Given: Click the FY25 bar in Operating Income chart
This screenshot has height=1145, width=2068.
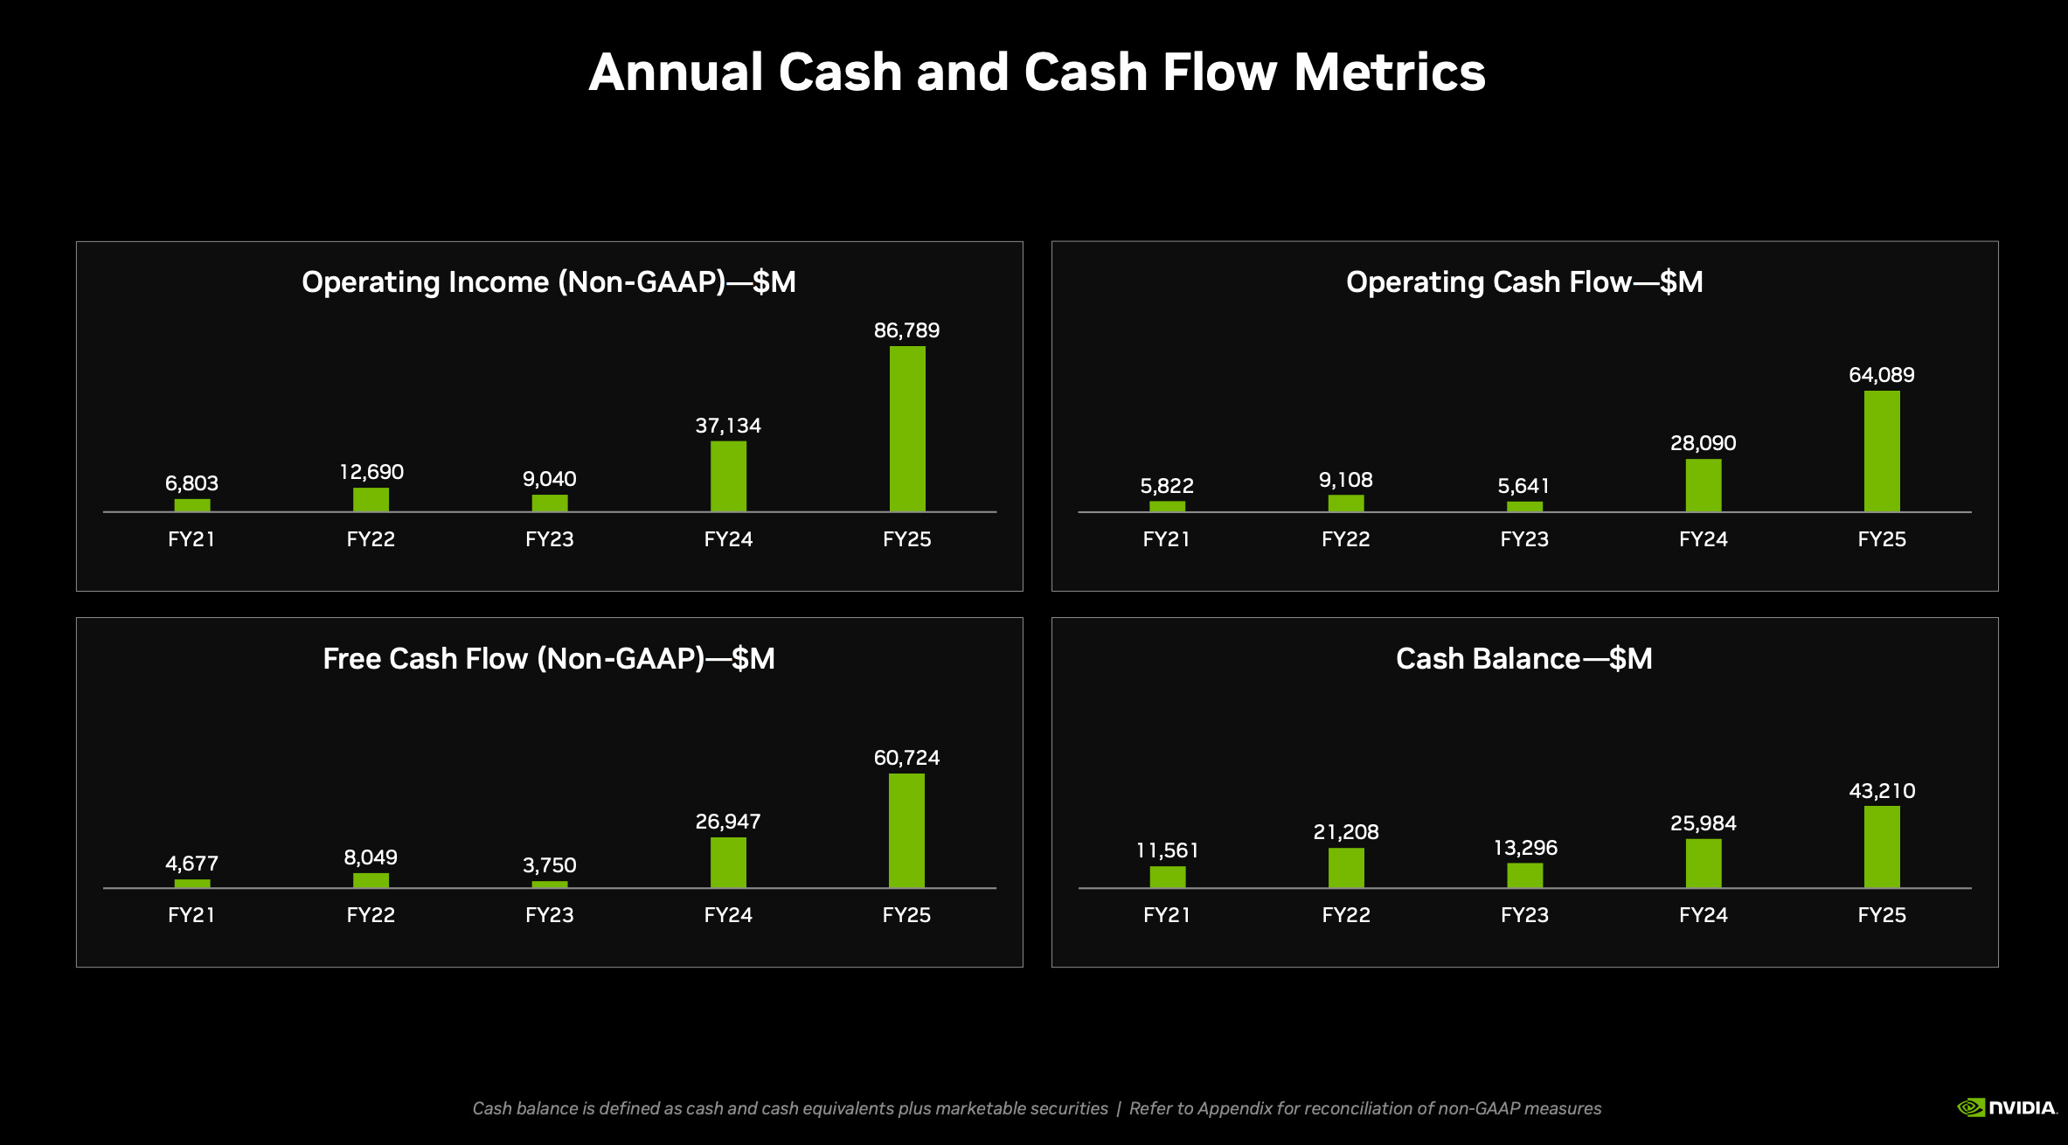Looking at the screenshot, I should (907, 428).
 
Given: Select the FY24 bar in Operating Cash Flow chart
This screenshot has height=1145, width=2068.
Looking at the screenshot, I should (1703, 485).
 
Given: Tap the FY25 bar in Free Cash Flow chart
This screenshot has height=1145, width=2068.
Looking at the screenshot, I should (906, 830).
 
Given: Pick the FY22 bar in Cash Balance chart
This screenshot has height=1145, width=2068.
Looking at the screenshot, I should (1346, 867).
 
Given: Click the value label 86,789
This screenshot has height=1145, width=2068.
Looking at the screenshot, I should (906, 330).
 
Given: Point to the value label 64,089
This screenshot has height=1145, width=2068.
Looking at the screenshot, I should (1881, 375).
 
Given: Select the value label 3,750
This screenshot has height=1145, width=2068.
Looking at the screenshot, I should (549, 865).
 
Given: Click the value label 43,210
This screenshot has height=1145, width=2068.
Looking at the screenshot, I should (1881, 791).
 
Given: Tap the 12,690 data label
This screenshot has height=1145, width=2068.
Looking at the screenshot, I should (371, 472).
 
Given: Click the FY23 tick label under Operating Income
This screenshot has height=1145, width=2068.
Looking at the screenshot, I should (549, 539).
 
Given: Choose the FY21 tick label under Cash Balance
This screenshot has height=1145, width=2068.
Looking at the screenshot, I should (1167, 915).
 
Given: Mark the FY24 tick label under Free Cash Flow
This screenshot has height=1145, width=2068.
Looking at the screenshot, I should (728, 915).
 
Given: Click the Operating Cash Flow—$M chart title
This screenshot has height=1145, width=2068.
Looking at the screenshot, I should (1524, 282).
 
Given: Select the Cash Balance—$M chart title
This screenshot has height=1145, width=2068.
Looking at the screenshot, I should (1523, 658).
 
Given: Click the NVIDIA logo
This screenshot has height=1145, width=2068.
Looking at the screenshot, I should (2007, 1107).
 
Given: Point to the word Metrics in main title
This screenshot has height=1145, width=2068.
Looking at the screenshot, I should (1389, 72).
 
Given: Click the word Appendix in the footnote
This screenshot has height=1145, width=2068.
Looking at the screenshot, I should (1234, 1108).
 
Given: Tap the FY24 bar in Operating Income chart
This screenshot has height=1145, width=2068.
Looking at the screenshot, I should (728, 476).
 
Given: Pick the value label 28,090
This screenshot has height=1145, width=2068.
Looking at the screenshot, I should (1703, 443).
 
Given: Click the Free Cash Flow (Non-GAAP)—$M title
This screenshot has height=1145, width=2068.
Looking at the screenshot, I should (549, 658).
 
